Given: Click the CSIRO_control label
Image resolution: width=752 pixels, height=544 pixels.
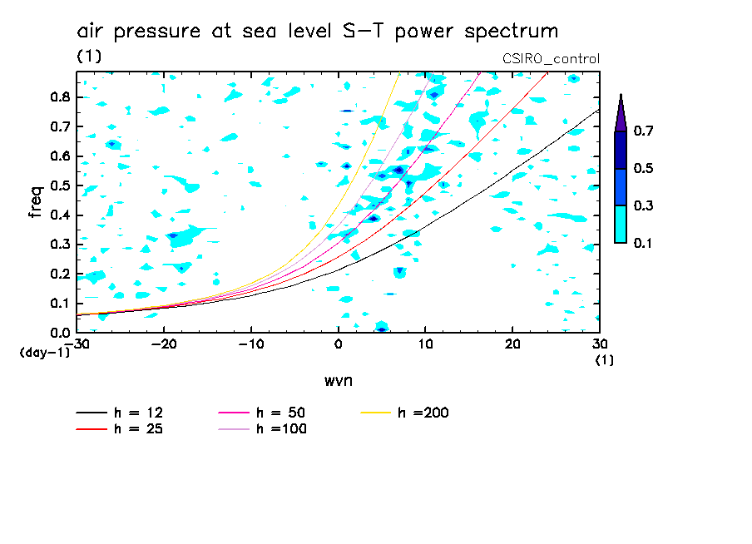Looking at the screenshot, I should (x=551, y=58).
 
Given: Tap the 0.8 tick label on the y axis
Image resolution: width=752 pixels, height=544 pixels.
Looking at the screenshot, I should (x=58, y=96).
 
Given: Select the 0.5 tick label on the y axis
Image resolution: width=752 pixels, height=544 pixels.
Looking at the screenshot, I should (x=58, y=185).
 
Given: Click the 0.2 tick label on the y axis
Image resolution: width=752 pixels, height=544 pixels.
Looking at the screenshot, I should (x=58, y=274).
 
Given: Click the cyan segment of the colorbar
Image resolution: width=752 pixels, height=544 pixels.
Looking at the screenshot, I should (x=621, y=224).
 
